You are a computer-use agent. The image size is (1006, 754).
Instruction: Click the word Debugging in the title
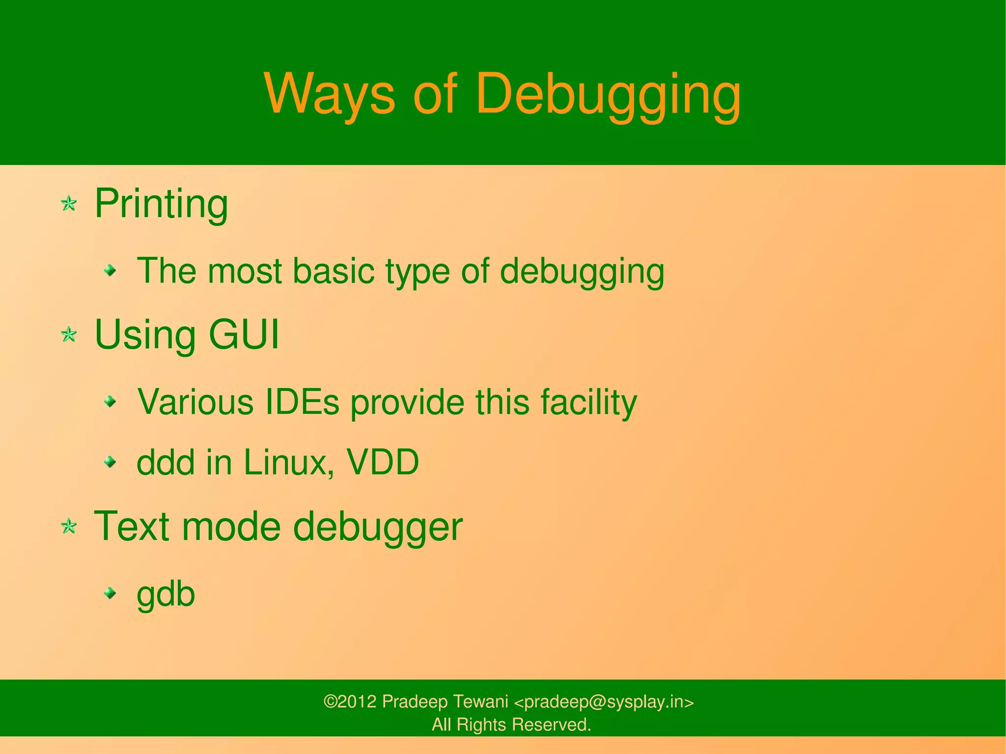click(x=608, y=94)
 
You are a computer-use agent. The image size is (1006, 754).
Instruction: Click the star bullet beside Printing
click(x=69, y=203)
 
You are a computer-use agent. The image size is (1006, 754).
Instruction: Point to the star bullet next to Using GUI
click(x=69, y=335)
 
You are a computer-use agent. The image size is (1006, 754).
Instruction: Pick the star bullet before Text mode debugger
click(x=69, y=527)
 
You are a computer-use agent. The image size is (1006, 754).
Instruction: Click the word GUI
click(x=244, y=335)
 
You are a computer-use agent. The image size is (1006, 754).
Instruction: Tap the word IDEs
click(x=302, y=402)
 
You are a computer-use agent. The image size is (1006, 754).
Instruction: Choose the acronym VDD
click(x=383, y=462)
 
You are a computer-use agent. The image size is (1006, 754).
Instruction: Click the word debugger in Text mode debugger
click(x=378, y=527)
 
